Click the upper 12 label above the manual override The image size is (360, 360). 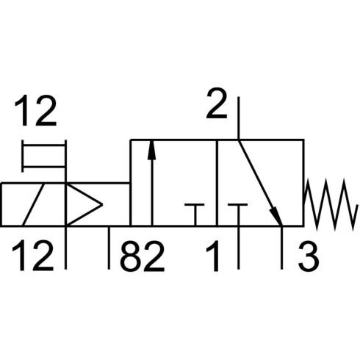click(36, 111)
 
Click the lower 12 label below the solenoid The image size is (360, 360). click(33, 256)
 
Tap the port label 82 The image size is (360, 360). click(142, 256)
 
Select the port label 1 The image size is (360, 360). click(212, 256)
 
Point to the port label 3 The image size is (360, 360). click(309, 256)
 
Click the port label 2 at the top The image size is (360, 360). click(217, 103)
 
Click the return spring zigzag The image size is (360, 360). click(329, 204)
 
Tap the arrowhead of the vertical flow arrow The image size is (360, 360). click(152, 150)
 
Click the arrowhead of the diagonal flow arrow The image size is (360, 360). click(277, 216)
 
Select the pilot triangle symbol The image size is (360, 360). click(84, 204)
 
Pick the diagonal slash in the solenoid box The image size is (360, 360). click(34, 204)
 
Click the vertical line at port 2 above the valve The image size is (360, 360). click(238, 118)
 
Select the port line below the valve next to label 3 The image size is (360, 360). click(281, 248)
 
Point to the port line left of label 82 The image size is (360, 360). click(109, 248)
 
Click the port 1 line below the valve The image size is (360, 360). click(238, 248)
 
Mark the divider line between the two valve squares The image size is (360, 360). click(217, 183)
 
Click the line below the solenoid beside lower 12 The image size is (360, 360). click(65, 248)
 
